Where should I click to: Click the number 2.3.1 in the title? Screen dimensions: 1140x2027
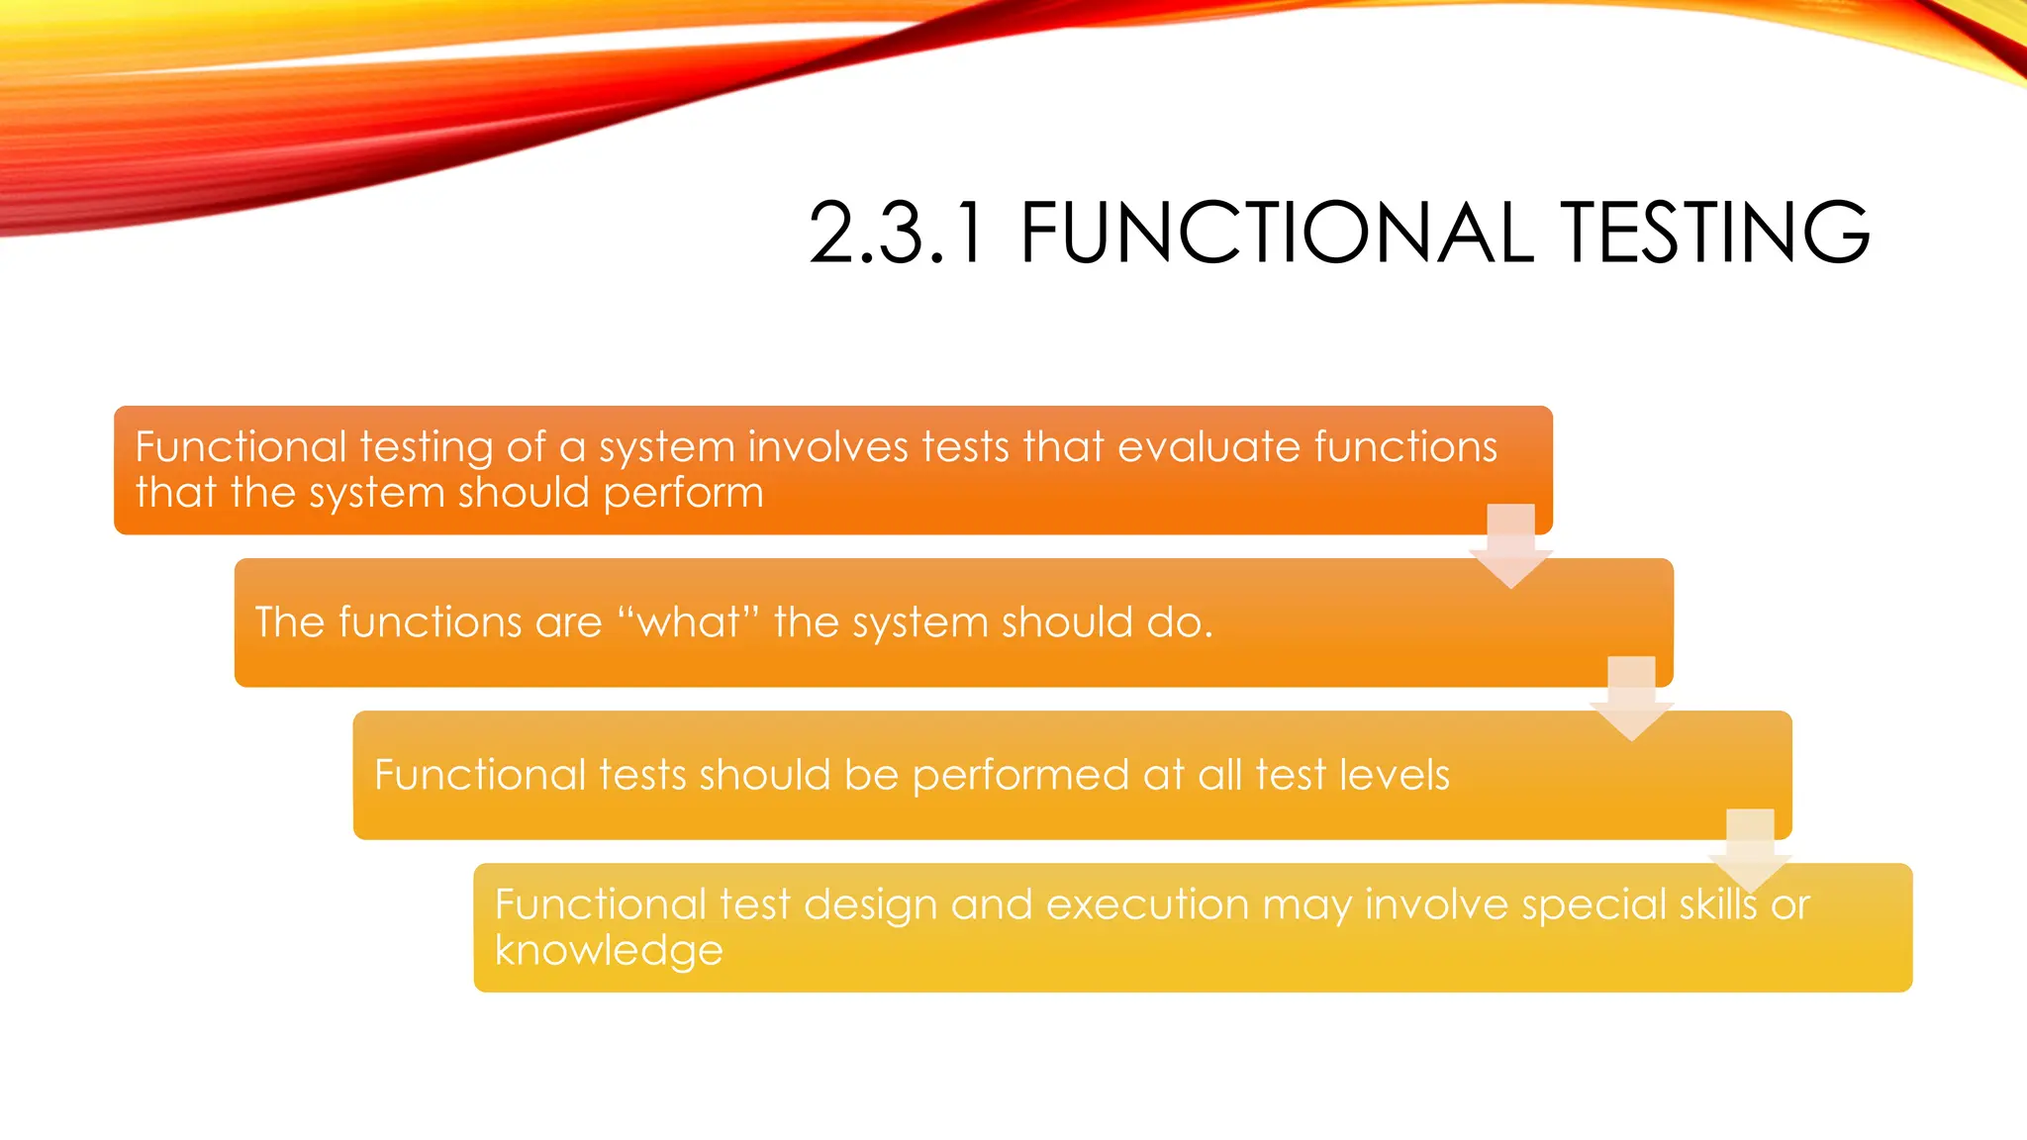pos(897,234)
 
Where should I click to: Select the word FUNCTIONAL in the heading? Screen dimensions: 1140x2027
pos(1276,234)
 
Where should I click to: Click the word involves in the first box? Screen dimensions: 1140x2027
pos(827,447)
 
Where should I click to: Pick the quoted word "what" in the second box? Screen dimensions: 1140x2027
pos(688,622)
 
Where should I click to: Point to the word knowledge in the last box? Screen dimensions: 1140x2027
pos(609,951)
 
